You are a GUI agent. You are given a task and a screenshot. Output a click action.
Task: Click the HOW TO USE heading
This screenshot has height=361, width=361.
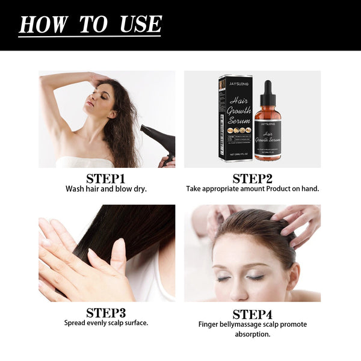click(90, 24)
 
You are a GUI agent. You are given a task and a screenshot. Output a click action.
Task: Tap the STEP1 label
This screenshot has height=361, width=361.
click(106, 179)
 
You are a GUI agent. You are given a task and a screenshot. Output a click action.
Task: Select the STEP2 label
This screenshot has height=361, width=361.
click(252, 179)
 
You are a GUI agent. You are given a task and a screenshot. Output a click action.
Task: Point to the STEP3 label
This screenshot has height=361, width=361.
click(106, 312)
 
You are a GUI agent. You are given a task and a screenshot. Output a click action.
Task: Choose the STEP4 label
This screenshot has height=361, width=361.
click(252, 314)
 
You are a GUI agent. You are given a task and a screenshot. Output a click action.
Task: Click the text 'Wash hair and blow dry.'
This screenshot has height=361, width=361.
click(106, 189)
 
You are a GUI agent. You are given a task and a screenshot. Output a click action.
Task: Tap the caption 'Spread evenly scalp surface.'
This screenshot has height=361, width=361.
click(106, 322)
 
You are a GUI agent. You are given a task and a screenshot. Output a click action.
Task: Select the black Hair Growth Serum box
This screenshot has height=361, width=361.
click(235, 120)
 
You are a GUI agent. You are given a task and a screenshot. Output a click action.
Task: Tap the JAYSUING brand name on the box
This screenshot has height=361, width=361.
click(235, 84)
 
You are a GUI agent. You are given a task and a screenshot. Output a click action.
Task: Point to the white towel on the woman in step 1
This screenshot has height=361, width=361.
click(84, 162)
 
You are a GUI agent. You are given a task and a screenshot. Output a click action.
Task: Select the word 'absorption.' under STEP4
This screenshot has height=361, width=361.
click(252, 334)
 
